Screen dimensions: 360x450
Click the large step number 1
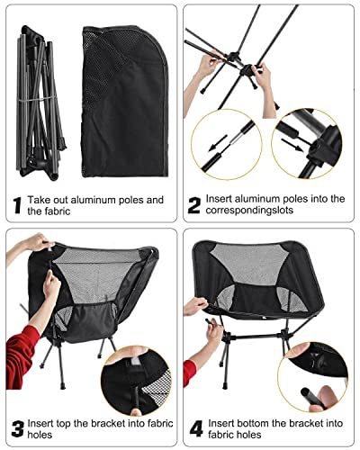point(18,205)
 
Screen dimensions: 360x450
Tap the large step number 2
point(194,205)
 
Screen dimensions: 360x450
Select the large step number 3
point(17,429)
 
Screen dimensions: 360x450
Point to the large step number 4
point(196,429)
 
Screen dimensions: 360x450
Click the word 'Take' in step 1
point(38,200)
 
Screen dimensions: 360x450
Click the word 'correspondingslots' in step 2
point(249,211)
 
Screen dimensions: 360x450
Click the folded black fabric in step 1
point(124,102)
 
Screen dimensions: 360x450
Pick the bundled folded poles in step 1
point(40,103)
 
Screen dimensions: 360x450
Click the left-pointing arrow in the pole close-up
point(218,143)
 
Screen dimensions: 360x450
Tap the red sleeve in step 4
point(189,373)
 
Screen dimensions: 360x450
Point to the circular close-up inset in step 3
point(137,382)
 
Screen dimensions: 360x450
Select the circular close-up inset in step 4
point(312,377)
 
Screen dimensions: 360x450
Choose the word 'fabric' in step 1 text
point(57,211)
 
